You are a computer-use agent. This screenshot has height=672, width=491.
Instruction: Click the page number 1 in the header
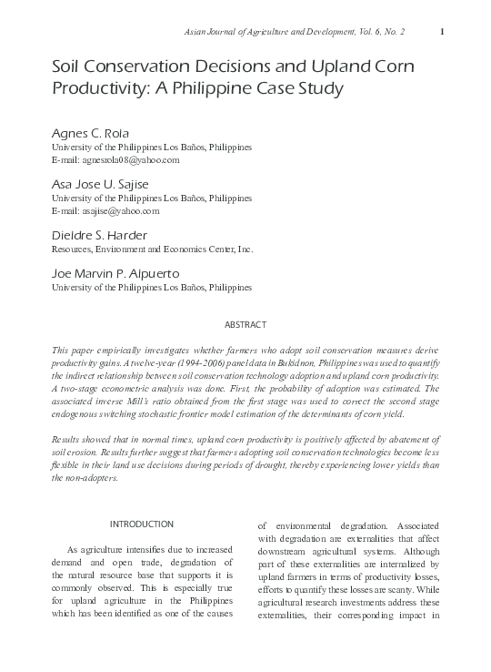coord(441,33)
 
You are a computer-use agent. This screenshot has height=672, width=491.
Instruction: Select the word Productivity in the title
coord(97,88)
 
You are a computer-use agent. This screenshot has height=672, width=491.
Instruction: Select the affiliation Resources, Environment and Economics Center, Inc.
coord(152,249)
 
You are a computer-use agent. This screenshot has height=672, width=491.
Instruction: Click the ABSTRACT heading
coord(245,325)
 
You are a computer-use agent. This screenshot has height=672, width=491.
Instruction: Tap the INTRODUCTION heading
coord(141,524)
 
